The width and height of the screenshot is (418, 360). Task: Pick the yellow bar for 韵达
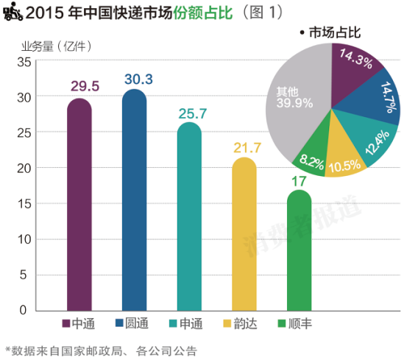click(244, 236)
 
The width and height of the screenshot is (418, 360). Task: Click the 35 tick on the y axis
click(23, 63)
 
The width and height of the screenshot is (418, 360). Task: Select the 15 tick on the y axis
click(23, 204)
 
